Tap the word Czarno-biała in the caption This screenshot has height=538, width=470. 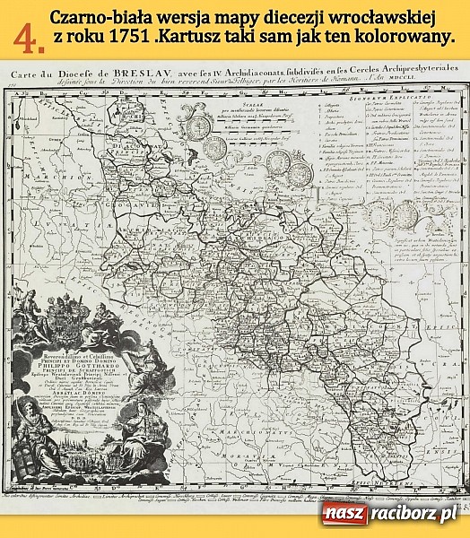(93, 18)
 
